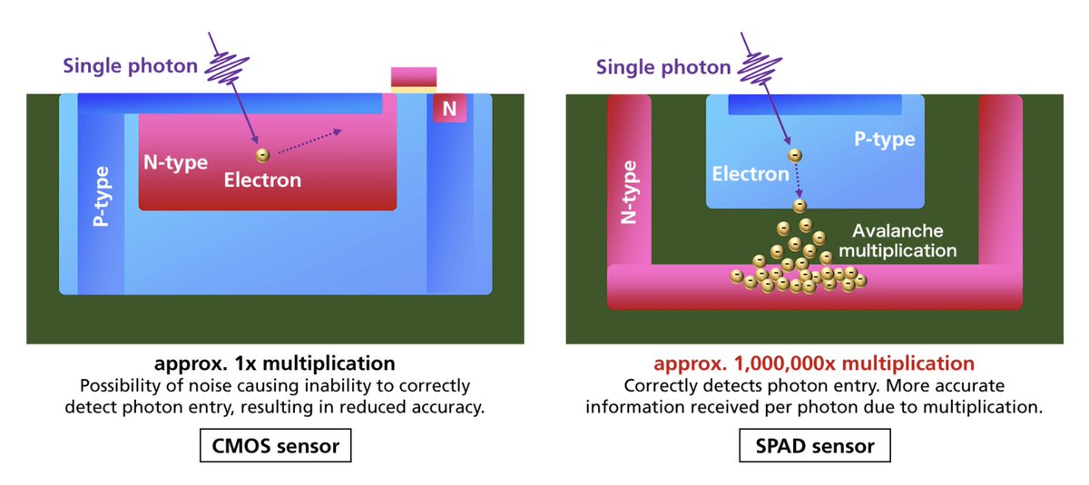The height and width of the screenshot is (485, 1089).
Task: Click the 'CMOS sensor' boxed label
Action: (x=275, y=446)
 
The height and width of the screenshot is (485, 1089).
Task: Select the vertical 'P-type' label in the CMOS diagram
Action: (x=103, y=196)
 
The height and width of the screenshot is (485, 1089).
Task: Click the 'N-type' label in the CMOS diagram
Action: (x=175, y=163)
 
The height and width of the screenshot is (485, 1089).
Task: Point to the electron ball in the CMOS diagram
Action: (x=261, y=155)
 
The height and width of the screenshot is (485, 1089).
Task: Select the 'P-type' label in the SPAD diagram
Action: (x=884, y=140)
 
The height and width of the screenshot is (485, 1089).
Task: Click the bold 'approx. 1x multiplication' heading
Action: (x=275, y=364)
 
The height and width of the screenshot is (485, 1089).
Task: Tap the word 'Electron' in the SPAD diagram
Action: (x=750, y=173)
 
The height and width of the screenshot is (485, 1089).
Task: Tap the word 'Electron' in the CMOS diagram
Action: (x=262, y=179)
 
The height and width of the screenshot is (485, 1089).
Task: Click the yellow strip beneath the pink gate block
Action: (x=414, y=89)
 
